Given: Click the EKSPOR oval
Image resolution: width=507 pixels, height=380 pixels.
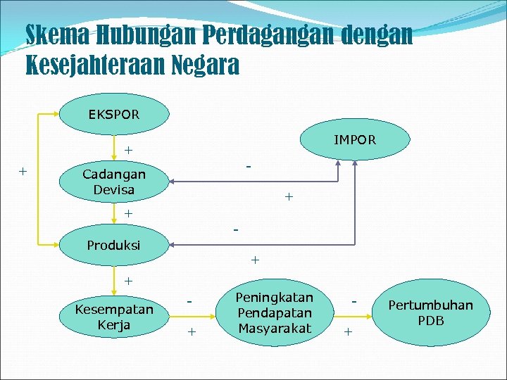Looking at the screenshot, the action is (114, 113).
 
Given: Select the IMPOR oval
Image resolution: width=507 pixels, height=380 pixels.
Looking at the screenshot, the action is (355, 139).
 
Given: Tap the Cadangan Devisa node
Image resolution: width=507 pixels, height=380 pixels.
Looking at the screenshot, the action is (114, 182).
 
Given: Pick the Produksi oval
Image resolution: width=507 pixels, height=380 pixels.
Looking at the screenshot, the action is (113, 245).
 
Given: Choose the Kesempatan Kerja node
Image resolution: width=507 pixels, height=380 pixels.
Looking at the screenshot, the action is (114, 317).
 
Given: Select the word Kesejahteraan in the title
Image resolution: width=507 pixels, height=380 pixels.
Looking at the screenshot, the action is (96, 66).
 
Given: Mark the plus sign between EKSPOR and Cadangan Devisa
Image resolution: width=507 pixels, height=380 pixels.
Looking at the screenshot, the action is (128, 150).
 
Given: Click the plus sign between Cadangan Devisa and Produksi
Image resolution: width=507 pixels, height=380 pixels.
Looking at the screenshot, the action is (128, 213).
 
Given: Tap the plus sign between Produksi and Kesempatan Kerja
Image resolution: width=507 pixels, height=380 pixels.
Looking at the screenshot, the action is (128, 281).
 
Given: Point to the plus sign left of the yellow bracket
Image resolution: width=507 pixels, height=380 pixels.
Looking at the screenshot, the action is (23, 171).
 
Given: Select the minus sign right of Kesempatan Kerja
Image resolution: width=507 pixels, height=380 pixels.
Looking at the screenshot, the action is (190, 300).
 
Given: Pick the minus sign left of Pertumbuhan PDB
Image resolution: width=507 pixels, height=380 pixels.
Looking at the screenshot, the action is (356, 300).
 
